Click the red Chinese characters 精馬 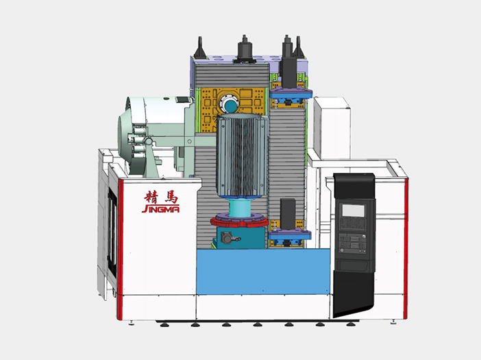[161, 197]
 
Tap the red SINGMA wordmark [161, 209]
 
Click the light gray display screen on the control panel [353, 211]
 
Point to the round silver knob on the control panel [364, 237]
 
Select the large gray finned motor [241, 156]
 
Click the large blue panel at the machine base [263, 272]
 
